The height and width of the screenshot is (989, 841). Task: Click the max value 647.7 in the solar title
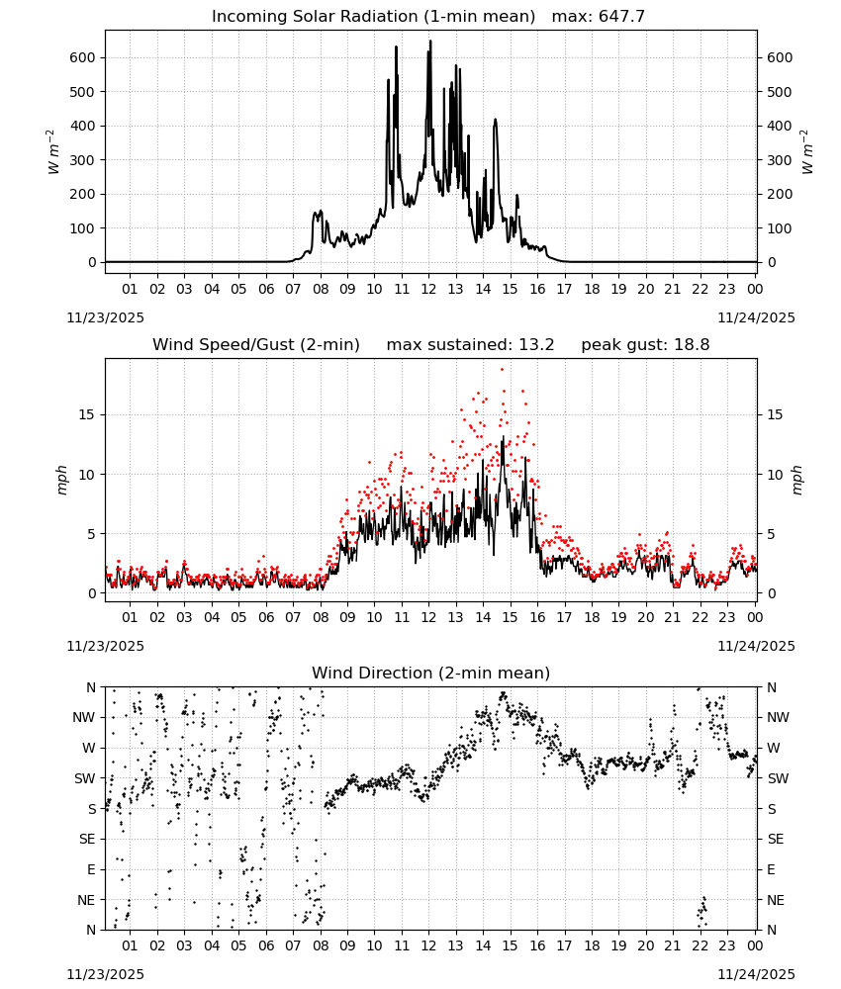(621, 16)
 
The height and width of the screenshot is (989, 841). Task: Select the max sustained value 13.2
(536, 344)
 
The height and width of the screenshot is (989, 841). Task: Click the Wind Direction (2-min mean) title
(431, 673)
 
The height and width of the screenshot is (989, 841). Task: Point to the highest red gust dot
(503, 370)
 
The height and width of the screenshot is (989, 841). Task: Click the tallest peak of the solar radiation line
(430, 41)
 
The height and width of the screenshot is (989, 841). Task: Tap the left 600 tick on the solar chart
(82, 57)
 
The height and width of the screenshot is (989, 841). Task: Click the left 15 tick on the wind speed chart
(87, 414)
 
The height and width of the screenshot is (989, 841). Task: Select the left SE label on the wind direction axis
(87, 839)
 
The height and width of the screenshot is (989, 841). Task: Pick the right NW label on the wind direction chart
(778, 717)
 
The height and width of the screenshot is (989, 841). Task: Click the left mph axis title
(61, 480)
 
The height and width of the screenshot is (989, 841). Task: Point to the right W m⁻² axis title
(807, 151)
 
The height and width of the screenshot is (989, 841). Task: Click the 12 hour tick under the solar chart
(429, 289)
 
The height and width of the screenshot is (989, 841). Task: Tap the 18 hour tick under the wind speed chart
(592, 617)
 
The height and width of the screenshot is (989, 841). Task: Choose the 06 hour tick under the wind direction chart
(266, 945)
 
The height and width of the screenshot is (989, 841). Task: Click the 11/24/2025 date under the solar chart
(757, 317)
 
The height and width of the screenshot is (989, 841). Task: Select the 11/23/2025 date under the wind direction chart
(105, 974)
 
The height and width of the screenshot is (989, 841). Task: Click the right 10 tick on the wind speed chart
(775, 475)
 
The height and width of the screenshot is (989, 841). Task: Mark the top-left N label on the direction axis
(91, 687)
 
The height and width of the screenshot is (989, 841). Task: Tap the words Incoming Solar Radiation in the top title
(315, 16)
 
